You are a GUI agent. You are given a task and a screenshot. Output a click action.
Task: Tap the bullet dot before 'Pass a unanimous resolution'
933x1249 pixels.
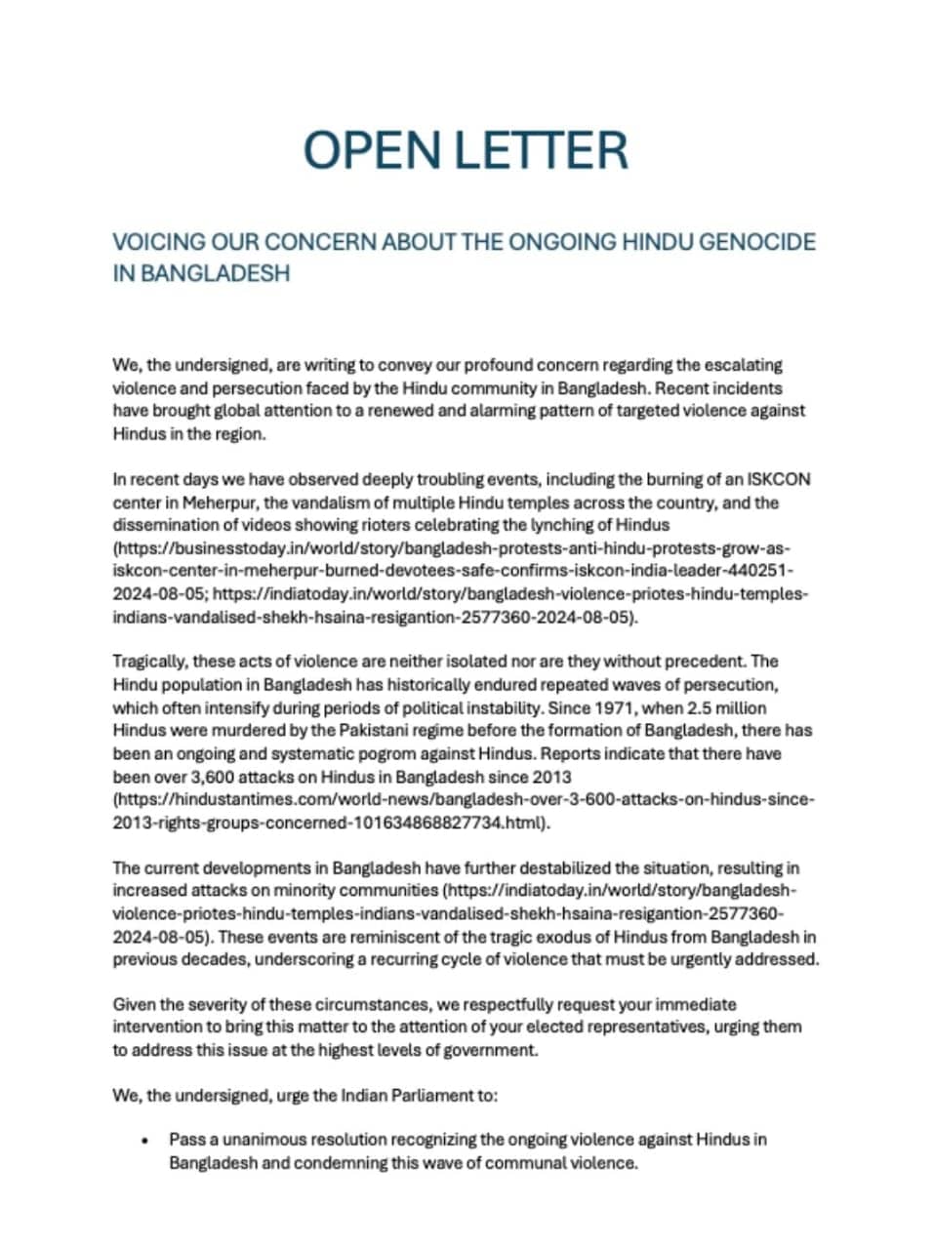point(144,1140)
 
